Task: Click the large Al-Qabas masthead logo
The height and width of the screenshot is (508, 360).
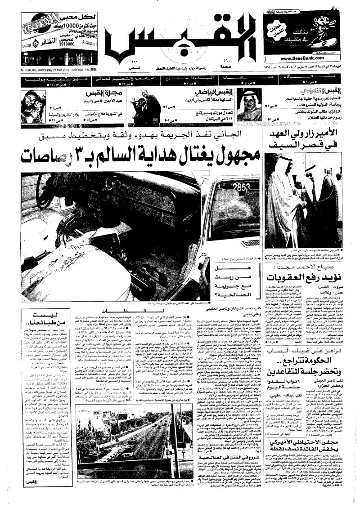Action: tap(180, 43)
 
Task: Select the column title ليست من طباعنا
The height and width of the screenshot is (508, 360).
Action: tap(27, 320)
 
